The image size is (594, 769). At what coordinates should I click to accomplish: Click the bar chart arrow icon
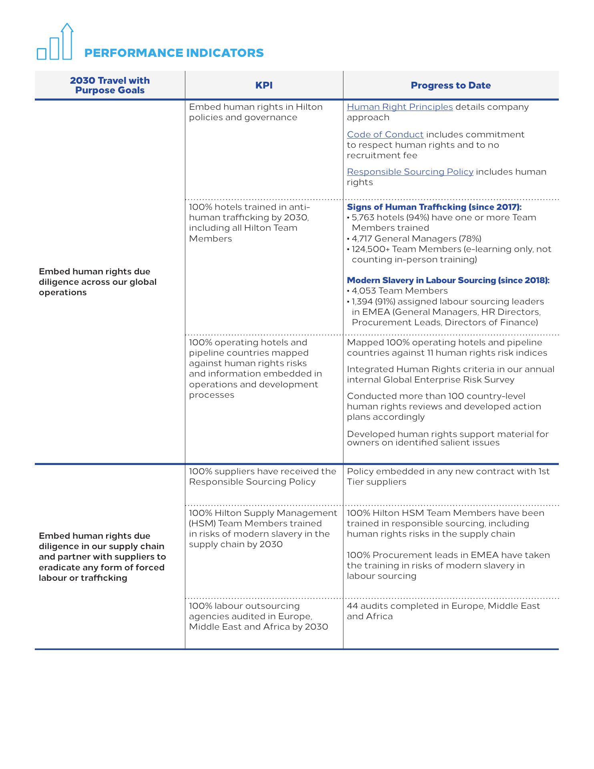click(55, 42)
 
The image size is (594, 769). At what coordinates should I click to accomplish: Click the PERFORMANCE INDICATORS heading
click(174, 53)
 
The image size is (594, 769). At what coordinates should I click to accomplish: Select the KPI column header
click(264, 85)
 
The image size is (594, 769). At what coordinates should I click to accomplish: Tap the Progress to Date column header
click(451, 85)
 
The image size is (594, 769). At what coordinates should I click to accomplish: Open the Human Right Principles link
click(399, 107)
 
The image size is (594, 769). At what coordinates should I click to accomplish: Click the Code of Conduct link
click(385, 135)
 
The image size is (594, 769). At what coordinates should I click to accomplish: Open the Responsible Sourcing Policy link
click(410, 172)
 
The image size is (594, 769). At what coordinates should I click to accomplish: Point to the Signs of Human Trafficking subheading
click(434, 207)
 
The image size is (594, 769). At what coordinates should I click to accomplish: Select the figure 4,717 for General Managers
click(361, 239)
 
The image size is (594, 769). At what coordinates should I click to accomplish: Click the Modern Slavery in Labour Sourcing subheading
click(448, 280)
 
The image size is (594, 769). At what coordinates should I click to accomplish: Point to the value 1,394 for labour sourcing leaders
click(362, 301)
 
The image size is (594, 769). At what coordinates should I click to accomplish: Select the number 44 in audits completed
click(352, 606)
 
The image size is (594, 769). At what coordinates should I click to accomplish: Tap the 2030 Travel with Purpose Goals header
click(110, 85)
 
